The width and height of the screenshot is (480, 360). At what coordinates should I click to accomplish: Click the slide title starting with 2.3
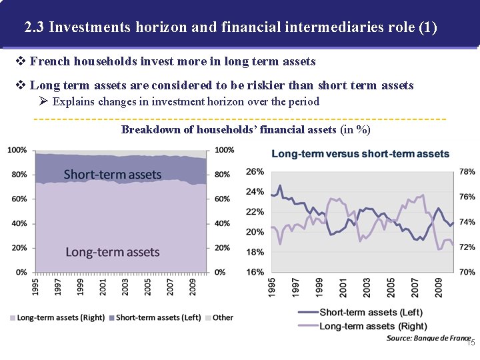(x=230, y=27)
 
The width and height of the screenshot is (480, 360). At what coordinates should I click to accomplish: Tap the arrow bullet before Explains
(x=44, y=102)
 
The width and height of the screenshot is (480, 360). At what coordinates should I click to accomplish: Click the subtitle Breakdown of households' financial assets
(x=245, y=129)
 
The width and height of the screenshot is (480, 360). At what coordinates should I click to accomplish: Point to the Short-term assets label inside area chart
(x=113, y=175)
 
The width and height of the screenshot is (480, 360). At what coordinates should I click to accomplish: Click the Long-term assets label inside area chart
(x=113, y=252)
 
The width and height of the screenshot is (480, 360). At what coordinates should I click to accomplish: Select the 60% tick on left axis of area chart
(x=17, y=199)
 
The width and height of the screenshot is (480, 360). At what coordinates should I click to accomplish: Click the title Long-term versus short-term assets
(x=360, y=154)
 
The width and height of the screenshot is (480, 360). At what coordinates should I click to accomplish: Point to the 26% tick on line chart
(x=255, y=171)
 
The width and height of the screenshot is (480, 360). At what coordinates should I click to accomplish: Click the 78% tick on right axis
(x=467, y=171)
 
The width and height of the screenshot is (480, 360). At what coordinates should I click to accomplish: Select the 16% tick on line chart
(x=255, y=272)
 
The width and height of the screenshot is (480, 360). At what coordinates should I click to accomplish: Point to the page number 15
(x=470, y=343)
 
